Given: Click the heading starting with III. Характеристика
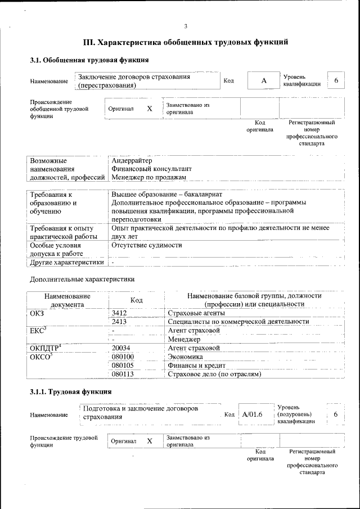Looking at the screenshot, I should tap(186, 42).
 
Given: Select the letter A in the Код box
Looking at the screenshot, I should tap(263, 81).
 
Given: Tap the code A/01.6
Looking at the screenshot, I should tap(253, 415).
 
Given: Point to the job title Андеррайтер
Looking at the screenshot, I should tap(132, 161).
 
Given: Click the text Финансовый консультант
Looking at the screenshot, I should tap(152, 169).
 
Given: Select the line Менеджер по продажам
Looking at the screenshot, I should tap(148, 177).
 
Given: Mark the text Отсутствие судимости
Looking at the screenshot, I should tap(147, 245).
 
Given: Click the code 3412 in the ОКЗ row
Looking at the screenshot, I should tap(119, 313).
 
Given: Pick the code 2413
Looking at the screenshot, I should tap(119, 322).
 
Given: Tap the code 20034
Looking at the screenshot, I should tap(121, 348).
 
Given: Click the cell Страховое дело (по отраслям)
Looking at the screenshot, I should tap(215, 373).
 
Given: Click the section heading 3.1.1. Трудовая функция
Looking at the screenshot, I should tap(70, 391).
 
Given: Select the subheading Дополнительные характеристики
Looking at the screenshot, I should tap(82, 279).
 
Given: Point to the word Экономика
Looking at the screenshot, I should tap(186, 357).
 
